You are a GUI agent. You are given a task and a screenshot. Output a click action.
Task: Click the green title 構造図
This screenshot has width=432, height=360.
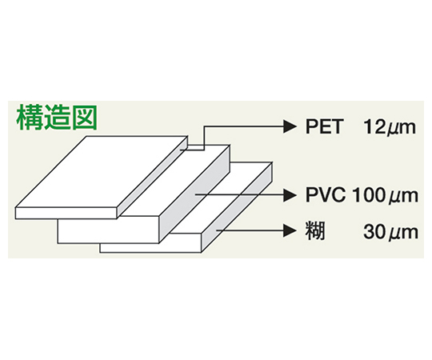(x=57, y=118)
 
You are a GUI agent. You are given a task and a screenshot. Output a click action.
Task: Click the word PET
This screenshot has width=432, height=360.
(x=323, y=126)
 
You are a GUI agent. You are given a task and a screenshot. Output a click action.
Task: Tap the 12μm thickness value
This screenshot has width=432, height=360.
(x=390, y=127)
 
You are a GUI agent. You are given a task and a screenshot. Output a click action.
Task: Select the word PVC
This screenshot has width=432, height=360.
(x=326, y=194)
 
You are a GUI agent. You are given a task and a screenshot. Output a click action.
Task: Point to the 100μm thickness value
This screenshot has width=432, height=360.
(x=385, y=195)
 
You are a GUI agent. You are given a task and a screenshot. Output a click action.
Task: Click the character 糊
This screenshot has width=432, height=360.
(x=315, y=231)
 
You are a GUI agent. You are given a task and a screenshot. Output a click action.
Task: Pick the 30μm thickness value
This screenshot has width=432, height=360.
(x=390, y=232)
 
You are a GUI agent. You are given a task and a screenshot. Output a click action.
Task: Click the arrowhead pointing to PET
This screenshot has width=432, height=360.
(x=290, y=126)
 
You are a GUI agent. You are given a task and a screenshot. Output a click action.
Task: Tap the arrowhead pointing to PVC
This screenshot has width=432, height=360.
(x=290, y=195)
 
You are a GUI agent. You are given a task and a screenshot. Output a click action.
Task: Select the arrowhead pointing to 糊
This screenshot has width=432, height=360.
(x=290, y=230)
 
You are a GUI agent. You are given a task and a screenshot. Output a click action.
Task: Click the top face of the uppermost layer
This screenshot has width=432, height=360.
(x=102, y=171)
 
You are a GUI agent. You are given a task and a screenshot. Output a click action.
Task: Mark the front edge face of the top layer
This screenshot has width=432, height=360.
(x=66, y=213)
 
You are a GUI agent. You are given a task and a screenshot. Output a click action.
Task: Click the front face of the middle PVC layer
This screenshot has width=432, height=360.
(x=108, y=231)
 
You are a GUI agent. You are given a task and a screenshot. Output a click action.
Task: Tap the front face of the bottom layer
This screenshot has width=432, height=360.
(x=150, y=248)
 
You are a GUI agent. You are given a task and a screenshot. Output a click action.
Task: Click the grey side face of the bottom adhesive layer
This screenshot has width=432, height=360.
(x=237, y=207)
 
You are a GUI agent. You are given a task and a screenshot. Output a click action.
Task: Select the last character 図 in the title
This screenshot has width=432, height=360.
(x=84, y=118)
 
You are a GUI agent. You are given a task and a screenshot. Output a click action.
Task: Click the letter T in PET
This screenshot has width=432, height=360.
(x=335, y=126)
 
